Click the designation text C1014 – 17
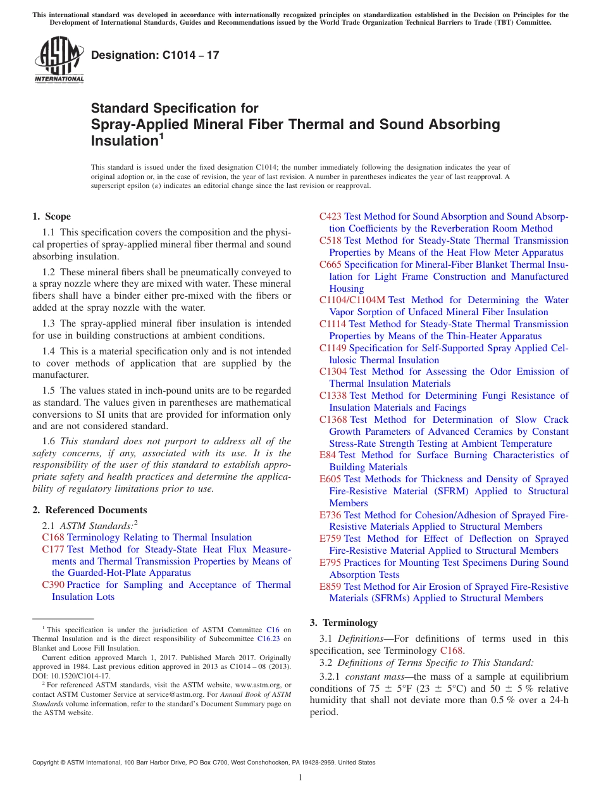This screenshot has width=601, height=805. click(156, 55)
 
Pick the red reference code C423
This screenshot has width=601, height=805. click(330, 216)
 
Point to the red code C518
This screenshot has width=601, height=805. click(330, 240)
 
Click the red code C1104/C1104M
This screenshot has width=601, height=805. click(352, 300)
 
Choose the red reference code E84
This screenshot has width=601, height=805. click(328, 455)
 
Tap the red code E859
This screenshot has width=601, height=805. click(330, 587)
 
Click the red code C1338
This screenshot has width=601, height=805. click(333, 396)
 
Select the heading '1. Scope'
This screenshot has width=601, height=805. click(51, 216)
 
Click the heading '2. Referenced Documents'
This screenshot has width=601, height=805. click(89, 510)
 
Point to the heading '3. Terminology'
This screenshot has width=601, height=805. click(344, 622)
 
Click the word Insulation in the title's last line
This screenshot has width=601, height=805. click(124, 141)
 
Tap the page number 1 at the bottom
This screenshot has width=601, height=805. click(300, 778)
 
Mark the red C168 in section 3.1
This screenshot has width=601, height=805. click(452, 651)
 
